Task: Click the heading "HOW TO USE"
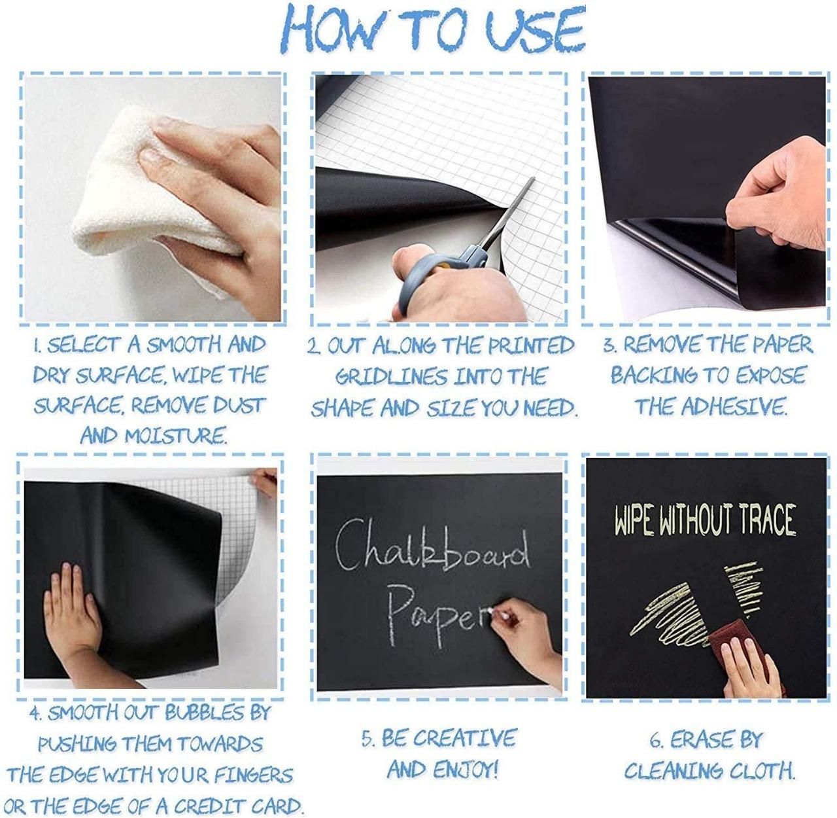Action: tap(435, 29)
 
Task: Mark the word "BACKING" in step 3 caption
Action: tap(644, 376)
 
